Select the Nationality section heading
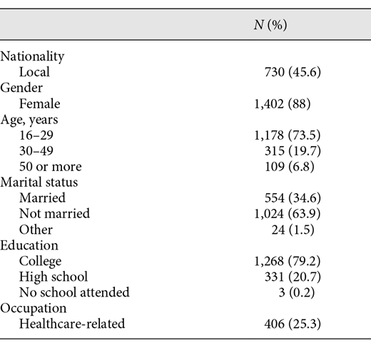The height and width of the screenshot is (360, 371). (x=32, y=56)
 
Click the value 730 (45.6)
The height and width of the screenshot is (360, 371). (x=292, y=72)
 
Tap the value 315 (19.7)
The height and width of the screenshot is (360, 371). (x=292, y=151)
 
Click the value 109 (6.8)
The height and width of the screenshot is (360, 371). (x=295, y=167)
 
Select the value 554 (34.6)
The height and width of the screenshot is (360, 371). (x=292, y=198)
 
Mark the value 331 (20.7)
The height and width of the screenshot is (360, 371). (x=292, y=277)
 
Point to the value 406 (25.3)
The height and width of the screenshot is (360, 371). (x=292, y=324)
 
